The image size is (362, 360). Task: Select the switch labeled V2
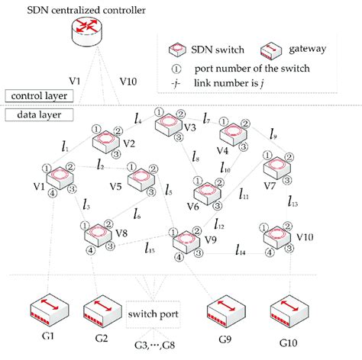pos(107,140)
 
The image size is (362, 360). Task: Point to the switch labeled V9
pos(185,241)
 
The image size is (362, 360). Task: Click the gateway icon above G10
pos(288,307)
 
